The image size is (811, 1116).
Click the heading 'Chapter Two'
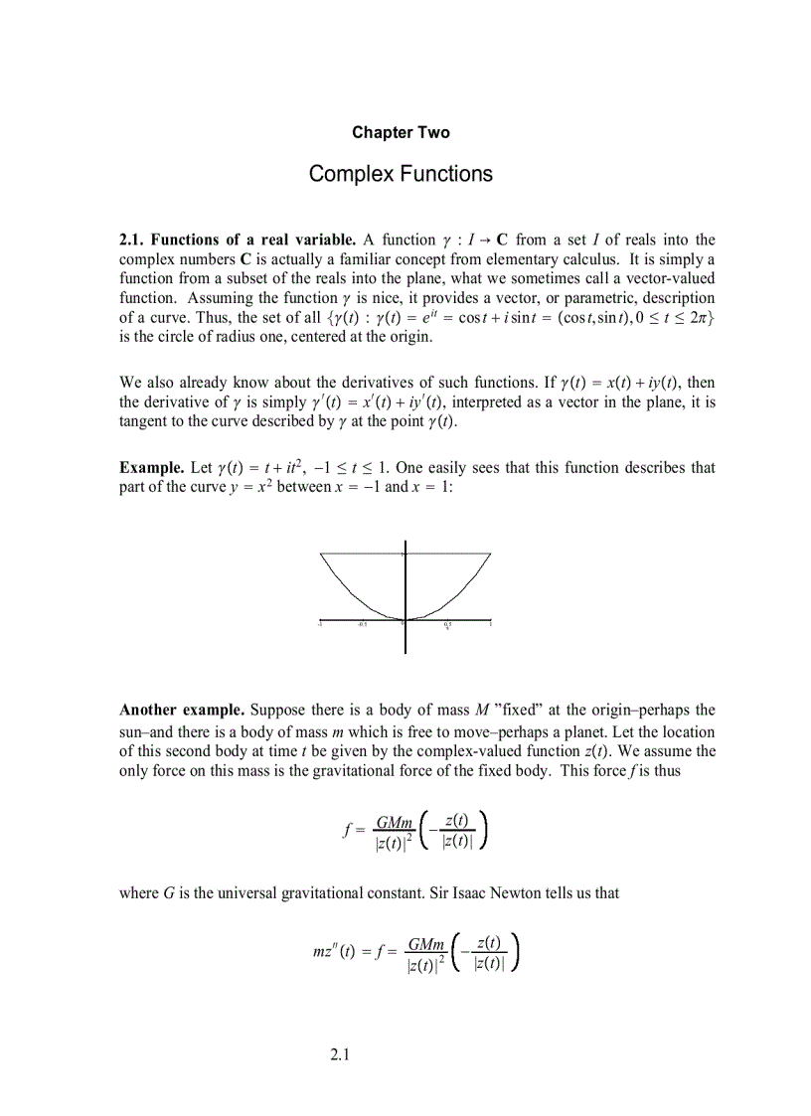[401, 132]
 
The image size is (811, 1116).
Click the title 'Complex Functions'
[401, 174]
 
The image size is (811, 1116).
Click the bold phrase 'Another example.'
[182, 710]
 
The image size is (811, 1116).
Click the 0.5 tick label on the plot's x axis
[447, 625]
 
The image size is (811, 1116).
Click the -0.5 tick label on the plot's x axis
[363, 625]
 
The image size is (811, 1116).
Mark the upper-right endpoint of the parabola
[490, 554]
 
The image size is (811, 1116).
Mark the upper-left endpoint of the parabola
[320, 554]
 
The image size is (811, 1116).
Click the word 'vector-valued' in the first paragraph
[668, 278]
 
